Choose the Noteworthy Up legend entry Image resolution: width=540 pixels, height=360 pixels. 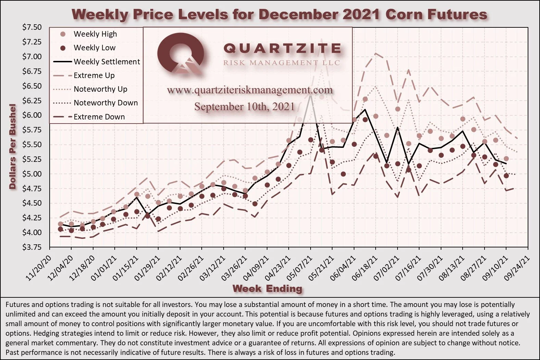point(90,89)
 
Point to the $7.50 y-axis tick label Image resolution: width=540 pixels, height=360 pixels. point(32,27)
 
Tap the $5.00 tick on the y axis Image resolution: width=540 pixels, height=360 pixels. point(32,174)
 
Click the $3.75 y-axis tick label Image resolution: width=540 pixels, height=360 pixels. point(32,247)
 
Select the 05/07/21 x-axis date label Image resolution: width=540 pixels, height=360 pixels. point(299,268)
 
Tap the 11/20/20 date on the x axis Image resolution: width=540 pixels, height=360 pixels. point(38,268)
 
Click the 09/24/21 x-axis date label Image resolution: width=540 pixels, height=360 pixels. point(517,268)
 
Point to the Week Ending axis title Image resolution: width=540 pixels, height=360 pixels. point(267,288)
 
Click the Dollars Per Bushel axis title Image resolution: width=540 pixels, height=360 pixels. point(13,146)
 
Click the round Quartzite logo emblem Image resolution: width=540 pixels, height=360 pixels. point(180,53)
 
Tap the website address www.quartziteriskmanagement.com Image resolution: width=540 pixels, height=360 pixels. point(250,90)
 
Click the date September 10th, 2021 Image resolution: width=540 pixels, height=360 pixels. point(244,106)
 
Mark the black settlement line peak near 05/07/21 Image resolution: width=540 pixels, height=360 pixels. point(311,95)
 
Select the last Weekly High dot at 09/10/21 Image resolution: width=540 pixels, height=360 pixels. point(506,158)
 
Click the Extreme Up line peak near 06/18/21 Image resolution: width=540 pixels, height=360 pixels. point(376,53)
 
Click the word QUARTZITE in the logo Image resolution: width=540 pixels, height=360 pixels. point(282,48)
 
